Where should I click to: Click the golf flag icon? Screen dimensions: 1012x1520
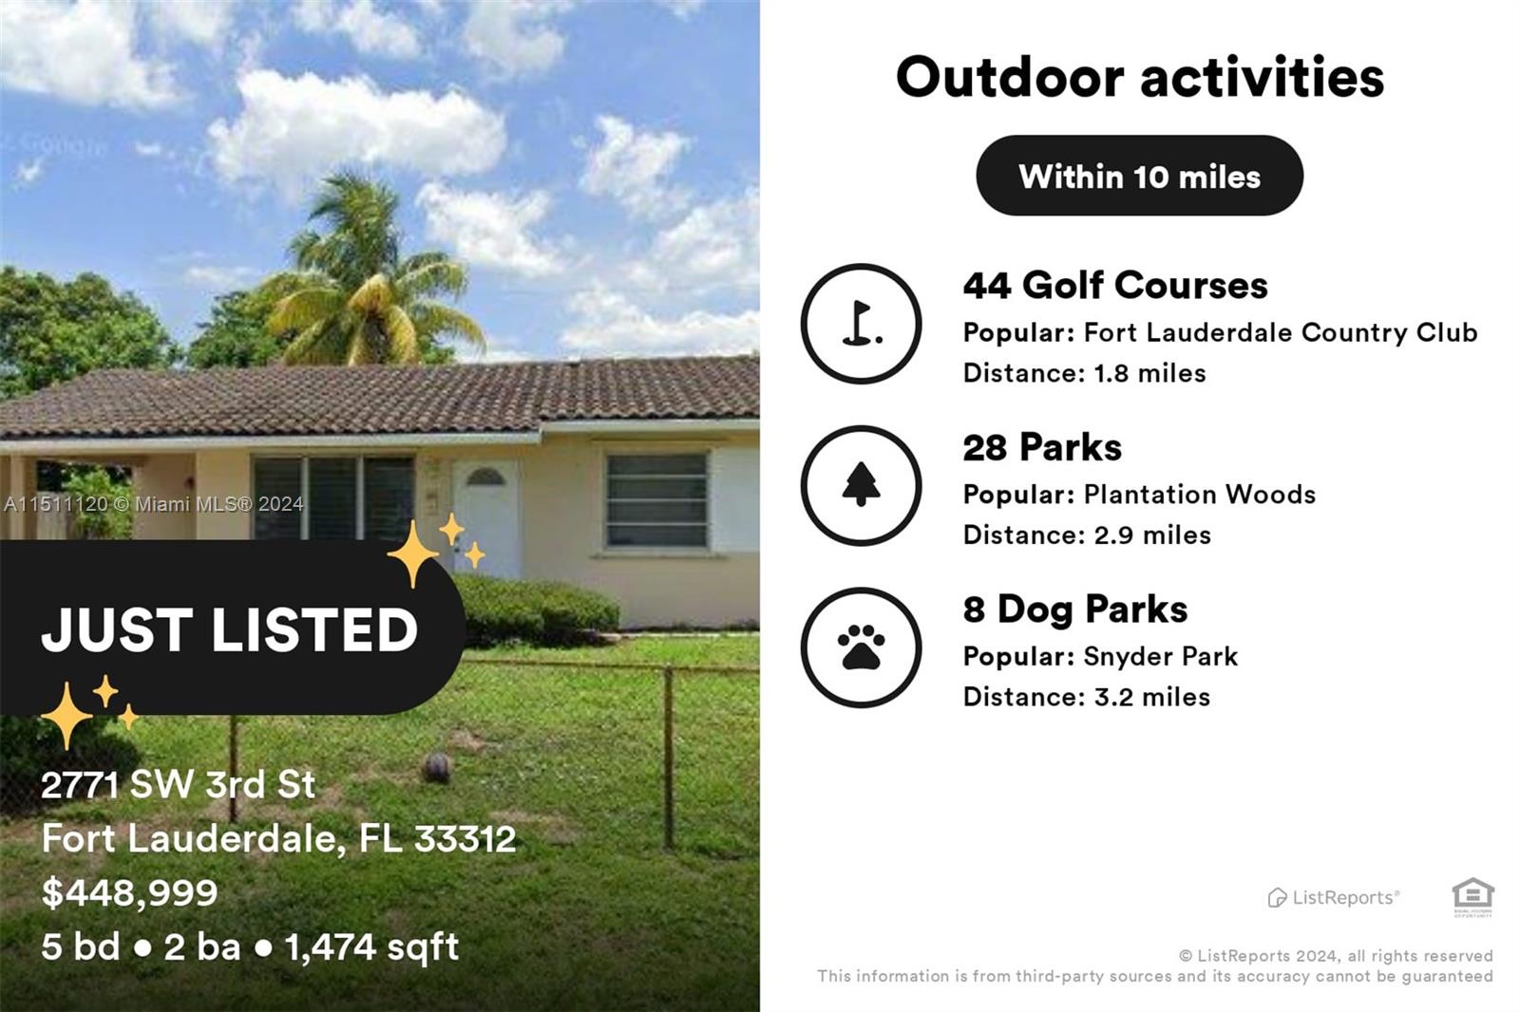(x=861, y=324)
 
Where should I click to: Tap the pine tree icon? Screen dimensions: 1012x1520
(x=861, y=485)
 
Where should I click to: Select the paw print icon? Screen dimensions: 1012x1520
(x=861, y=647)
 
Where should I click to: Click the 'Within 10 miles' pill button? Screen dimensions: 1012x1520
(x=1139, y=176)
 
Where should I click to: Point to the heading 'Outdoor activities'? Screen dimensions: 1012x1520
(x=1139, y=77)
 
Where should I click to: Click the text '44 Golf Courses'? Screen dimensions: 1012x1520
(x=1114, y=285)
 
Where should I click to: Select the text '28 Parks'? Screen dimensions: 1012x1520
(x=1041, y=447)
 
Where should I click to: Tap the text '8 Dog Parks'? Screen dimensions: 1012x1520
(x=1074, y=609)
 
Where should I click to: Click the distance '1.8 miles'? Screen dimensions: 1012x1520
(x=1149, y=373)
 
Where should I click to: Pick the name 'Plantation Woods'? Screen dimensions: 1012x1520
(x=1199, y=495)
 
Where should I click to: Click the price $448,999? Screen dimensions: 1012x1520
(x=130, y=892)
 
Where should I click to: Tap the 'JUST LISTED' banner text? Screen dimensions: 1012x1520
(x=230, y=629)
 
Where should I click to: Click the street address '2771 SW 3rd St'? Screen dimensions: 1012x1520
(x=178, y=784)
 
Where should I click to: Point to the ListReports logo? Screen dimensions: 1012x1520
(x=1333, y=897)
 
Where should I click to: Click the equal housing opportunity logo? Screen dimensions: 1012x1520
(x=1472, y=896)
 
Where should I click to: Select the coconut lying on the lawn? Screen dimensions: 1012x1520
(x=435, y=767)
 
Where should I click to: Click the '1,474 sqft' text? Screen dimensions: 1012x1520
(x=371, y=946)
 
